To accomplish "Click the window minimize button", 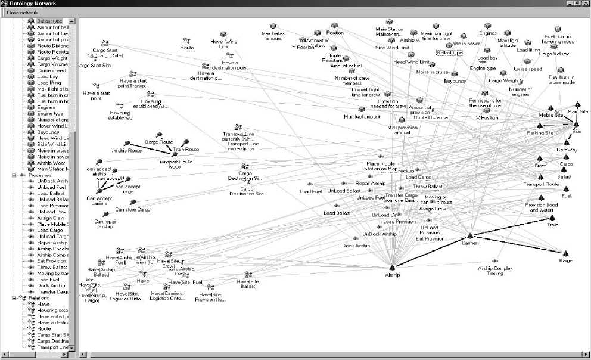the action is pyautogui.click(x=568, y=4).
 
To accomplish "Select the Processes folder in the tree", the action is pyautogui.click(x=39, y=175).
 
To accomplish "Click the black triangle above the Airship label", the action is pyautogui.click(x=391, y=268).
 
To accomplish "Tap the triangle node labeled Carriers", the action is pyautogui.click(x=470, y=236).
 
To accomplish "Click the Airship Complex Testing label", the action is pyautogui.click(x=495, y=271).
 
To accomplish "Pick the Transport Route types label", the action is pyautogui.click(x=168, y=164).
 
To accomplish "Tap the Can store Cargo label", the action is pyautogui.click(x=133, y=209).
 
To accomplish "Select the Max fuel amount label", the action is pyautogui.click(x=361, y=117).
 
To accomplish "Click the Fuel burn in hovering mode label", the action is pyautogui.click(x=558, y=39).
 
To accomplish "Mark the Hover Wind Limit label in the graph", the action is pyautogui.click(x=223, y=44).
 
